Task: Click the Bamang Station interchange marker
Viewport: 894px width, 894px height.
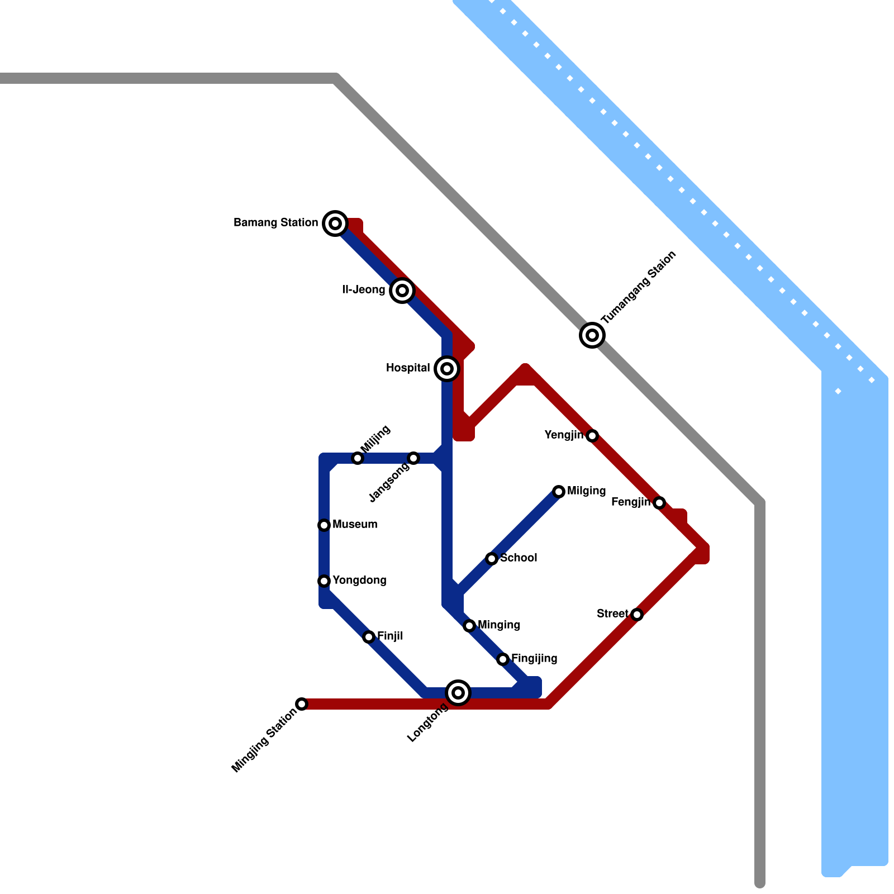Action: tap(335, 223)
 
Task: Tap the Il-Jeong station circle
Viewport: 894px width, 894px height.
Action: tap(402, 291)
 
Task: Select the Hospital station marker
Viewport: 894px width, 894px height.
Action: tap(447, 369)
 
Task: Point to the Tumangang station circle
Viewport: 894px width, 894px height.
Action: tap(592, 335)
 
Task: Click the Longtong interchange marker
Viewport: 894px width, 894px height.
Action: tap(458, 693)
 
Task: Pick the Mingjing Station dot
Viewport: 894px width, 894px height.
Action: tap(302, 704)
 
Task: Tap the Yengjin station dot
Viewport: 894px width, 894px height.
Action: tap(592, 436)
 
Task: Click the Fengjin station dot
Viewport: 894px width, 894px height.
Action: tap(659, 503)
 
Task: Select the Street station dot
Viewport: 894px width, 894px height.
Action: tap(637, 615)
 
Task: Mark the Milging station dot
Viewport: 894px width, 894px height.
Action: tap(559, 492)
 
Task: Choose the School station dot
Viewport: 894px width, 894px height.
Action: tap(492, 559)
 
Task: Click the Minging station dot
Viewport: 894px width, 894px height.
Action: tap(469, 626)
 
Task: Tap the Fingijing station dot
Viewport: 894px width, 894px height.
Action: tap(503, 659)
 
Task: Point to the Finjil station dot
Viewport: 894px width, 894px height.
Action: tap(369, 637)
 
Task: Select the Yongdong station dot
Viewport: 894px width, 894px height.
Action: tap(324, 581)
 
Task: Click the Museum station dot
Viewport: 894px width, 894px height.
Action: tap(324, 525)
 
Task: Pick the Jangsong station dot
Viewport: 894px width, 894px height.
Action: tap(413, 458)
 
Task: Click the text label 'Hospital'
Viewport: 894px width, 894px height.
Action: tap(408, 368)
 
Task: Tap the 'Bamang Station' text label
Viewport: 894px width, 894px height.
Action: tap(275, 223)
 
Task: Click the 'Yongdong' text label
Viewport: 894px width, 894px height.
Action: tap(359, 581)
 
